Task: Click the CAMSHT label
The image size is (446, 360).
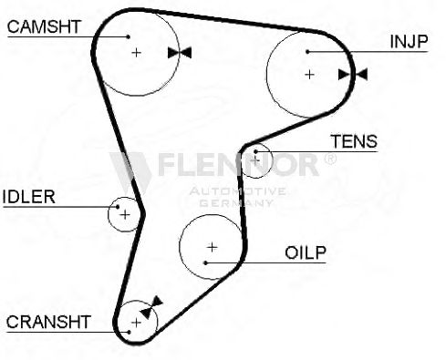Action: coord(44,26)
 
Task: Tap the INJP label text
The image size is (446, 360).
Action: coord(409,42)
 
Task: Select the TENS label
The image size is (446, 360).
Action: coord(354,141)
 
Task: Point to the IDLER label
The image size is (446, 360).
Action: coord(28,197)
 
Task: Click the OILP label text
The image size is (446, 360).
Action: coord(306,252)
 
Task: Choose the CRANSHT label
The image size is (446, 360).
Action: coord(48,322)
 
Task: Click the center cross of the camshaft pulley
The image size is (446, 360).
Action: coord(137,53)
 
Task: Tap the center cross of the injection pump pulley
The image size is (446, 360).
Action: coord(309,75)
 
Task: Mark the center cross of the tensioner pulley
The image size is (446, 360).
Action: coord(255,160)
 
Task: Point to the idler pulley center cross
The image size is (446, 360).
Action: coord(125,215)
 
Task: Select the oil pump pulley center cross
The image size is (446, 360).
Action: coord(212,247)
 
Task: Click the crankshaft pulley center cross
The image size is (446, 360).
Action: coord(137,323)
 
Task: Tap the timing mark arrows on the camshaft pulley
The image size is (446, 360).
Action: coord(180,53)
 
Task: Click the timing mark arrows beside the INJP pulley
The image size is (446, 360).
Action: coord(353,75)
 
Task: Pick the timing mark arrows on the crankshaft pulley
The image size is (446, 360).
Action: coord(151,307)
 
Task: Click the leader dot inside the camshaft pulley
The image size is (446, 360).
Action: coord(129,36)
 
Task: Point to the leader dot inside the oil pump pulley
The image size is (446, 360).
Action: coord(206,262)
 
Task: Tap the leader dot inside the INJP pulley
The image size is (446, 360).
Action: coord(307,52)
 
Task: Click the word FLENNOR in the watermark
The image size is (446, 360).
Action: coord(238,165)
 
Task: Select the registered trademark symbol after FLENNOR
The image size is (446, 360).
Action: coord(330,159)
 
